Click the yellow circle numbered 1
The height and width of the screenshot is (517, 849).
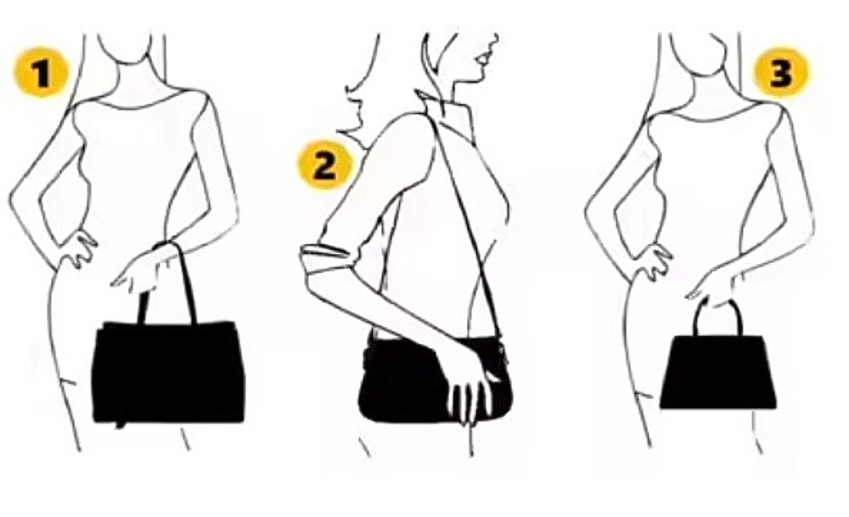click(x=41, y=72)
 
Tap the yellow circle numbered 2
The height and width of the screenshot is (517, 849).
click(x=325, y=165)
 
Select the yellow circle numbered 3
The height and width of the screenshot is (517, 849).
click(x=781, y=72)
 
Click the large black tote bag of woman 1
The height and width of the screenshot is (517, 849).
click(x=168, y=372)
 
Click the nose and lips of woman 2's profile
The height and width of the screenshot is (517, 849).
click(x=486, y=57)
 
